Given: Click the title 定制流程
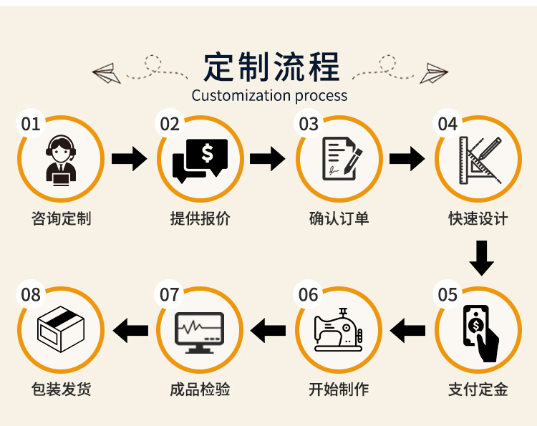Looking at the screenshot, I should click(x=271, y=67).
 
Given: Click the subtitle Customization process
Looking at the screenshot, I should click(x=269, y=95).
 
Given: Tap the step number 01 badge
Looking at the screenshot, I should click(x=31, y=124).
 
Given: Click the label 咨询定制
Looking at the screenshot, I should click(x=61, y=218).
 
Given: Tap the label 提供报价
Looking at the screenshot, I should click(x=200, y=218).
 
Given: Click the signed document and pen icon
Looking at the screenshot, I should click(x=339, y=159).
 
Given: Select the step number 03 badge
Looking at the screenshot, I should click(x=309, y=124).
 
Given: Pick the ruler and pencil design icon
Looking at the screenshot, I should click(x=479, y=159).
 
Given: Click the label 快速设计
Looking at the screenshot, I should click(x=478, y=218).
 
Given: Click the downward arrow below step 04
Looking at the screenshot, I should click(x=482, y=258).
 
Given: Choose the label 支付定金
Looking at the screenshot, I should click(x=478, y=389).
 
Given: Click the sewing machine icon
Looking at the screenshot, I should click(x=339, y=330).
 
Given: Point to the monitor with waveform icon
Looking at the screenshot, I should click(x=200, y=331).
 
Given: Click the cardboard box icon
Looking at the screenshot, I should click(x=61, y=330).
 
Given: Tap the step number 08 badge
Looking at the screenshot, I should click(x=31, y=294).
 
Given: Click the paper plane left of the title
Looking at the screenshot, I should click(x=105, y=72).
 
